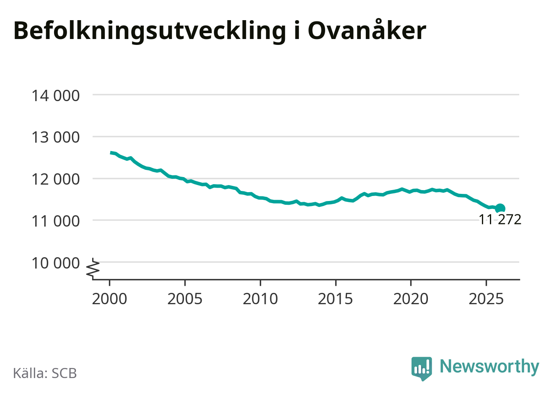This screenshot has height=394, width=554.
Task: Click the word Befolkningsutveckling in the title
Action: (x=149, y=31)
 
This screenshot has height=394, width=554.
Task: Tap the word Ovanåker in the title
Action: (x=367, y=30)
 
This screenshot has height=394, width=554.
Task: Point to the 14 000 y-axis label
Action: (x=55, y=96)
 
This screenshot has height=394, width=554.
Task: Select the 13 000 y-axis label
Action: (x=55, y=137)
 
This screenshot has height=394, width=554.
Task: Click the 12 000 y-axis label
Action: (x=55, y=179)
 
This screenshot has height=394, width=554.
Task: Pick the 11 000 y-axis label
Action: (x=55, y=221)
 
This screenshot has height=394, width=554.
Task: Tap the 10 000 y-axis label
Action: (x=55, y=263)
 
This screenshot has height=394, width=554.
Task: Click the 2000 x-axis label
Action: (x=109, y=299)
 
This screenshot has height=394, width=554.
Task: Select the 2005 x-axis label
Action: (x=185, y=299)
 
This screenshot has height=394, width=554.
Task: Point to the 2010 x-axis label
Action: (x=260, y=299)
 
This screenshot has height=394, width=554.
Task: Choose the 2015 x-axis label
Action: (x=335, y=299)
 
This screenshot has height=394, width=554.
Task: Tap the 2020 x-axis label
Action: (x=411, y=299)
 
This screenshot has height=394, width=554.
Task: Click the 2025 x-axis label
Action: (x=486, y=299)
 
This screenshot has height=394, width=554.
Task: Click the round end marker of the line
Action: (x=500, y=209)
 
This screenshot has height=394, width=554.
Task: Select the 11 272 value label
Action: (x=500, y=219)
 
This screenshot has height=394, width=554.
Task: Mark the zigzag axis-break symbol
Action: (x=93, y=269)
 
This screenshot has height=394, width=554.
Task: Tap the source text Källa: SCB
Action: (x=45, y=373)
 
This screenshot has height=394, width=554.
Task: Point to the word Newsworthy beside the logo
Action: (x=489, y=367)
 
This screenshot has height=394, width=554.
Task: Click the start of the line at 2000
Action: (x=111, y=153)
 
